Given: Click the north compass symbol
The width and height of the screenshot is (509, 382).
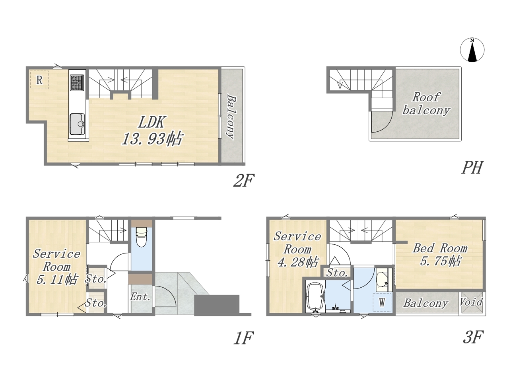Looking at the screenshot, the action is (x=472, y=50).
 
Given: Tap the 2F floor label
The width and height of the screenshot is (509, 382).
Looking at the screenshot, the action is (x=244, y=180).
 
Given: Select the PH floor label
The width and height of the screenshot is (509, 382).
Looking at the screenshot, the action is (x=472, y=168).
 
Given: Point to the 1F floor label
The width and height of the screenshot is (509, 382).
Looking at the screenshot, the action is (x=243, y=338).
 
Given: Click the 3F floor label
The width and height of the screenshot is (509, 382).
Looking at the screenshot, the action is (x=473, y=337).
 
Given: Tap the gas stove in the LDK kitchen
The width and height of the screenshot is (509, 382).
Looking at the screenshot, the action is (x=77, y=83).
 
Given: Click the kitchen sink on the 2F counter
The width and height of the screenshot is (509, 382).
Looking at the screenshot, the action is (x=77, y=124).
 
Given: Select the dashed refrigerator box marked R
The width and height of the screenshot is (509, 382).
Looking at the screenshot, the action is (x=39, y=80).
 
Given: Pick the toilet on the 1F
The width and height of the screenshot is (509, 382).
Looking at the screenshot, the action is (x=141, y=237).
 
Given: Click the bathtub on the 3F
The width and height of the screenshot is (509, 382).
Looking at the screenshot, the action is (x=315, y=297).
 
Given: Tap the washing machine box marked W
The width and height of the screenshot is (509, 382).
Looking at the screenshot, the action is (x=382, y=302).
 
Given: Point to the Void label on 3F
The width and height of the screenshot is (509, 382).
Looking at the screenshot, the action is (x=471, y=302).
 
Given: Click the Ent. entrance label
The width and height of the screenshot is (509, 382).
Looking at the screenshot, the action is (x=140, y=297).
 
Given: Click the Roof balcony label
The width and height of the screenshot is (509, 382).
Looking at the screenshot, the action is (x=426, y=103).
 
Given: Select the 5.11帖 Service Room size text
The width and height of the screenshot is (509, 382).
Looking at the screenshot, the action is (x=56, y=280).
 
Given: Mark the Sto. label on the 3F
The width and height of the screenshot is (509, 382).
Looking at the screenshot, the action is (x=337, y=273).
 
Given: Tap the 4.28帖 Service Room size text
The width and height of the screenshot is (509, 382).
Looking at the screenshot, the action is (x=297, y=262).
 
